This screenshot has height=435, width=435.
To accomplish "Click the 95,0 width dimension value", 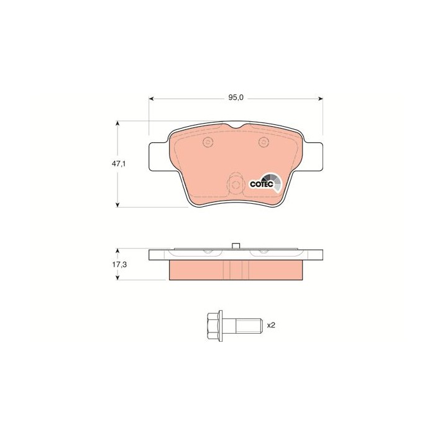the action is (x=236, y=98).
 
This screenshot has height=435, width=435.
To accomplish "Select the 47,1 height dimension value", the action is (x=119, y=163).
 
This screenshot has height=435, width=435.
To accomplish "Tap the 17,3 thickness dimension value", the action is (x=119, y=265).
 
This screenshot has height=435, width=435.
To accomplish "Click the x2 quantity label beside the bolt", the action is (x=271, y=325).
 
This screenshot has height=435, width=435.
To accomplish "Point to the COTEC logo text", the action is (x=262, y=184).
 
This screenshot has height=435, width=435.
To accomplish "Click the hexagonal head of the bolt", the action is (x=213, y=326).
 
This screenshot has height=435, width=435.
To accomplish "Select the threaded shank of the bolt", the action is (x=249, y=326).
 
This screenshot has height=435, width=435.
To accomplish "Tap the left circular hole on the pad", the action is (x=208, y=142).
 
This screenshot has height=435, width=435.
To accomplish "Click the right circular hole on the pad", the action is (x=263, y=142).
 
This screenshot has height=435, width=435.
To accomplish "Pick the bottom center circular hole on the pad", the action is (x=236, y=185).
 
